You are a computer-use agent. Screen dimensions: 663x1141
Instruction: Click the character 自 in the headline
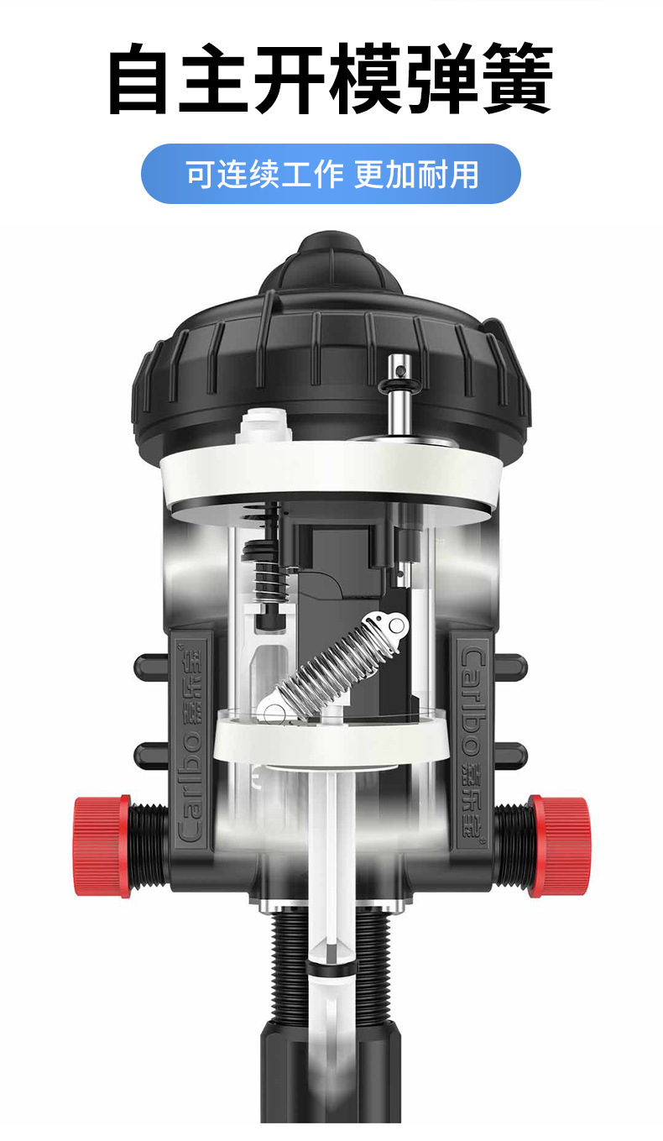pyautogui.click(x=138, y=78)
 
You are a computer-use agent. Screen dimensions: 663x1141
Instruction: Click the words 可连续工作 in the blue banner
pyautogui.click(x=265, y=174)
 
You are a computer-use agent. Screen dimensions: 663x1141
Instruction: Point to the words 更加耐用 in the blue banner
pyautogui.click(x=416, y=174)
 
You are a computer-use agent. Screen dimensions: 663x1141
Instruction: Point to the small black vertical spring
pyautogui.click(x=269, y=582)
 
